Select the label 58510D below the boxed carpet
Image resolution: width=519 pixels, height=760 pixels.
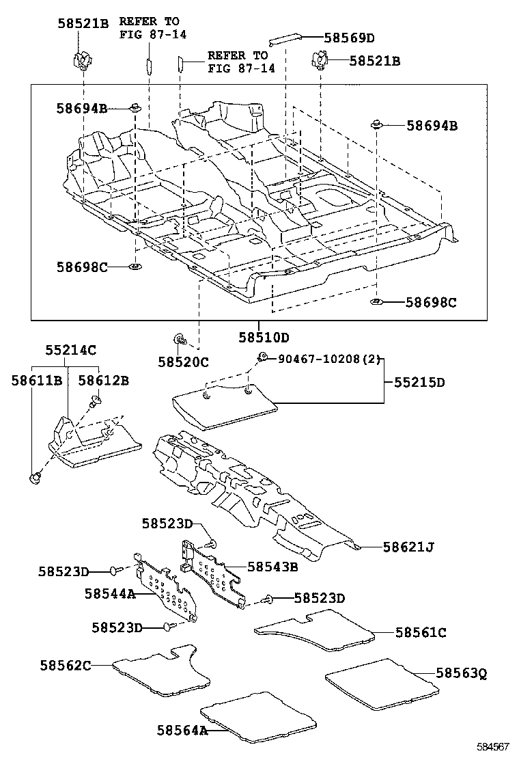point(264,337)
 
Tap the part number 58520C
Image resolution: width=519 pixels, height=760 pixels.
point(183,362)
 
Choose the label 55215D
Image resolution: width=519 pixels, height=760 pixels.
point(419,383)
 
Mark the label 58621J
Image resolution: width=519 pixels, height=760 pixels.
point(408,547)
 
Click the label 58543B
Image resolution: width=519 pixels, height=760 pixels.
point(273,567)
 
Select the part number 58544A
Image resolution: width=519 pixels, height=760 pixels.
point(110,594)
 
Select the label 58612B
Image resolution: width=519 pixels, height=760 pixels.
point(103,380)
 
